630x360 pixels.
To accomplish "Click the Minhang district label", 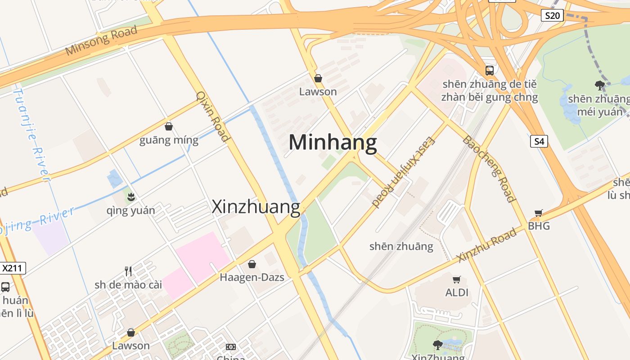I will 333,143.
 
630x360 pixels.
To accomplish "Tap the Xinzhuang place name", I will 256,207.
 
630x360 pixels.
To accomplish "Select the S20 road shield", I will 552,16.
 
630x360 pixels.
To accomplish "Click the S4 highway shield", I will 539,141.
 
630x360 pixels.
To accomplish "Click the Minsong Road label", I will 101,40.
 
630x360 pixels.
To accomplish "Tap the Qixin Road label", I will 213,117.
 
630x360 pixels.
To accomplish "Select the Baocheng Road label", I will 489,168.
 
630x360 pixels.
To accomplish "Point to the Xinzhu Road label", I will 487,246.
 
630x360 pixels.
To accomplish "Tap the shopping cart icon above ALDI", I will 457,280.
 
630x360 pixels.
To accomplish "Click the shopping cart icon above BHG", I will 539,213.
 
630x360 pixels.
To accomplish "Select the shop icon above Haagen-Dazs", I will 252,264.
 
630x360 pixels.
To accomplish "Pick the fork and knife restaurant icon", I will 128,271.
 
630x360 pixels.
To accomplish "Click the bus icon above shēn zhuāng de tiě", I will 489,71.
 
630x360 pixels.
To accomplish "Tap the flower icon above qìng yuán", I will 131,197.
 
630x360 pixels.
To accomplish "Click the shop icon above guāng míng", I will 169,126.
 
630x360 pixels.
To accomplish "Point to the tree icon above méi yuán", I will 599,85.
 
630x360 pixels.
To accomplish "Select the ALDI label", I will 457,293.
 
